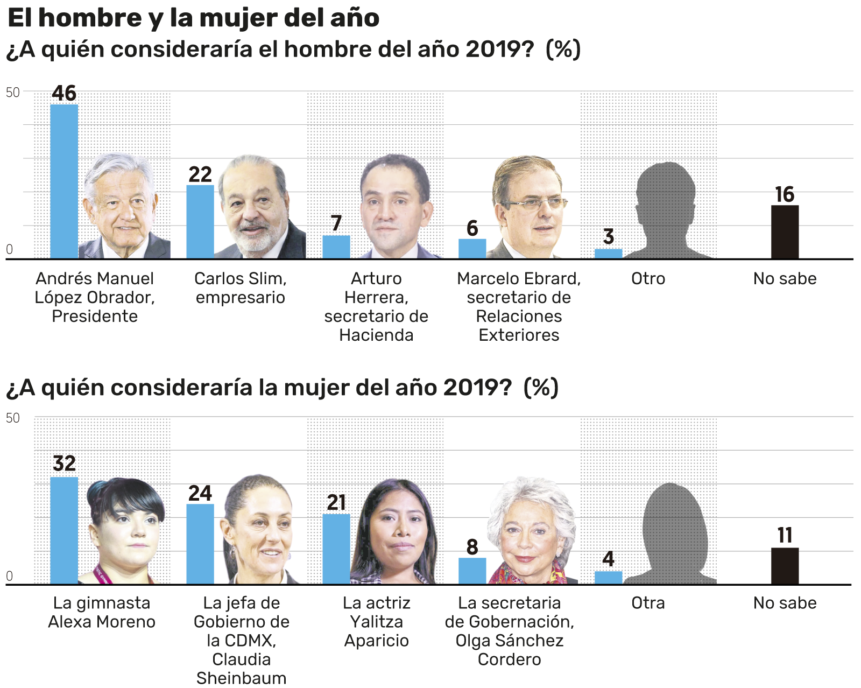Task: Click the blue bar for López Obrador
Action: [64, 181]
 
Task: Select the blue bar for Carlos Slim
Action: [200, 222]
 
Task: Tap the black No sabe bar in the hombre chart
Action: [785, 232]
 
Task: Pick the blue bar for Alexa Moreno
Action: [64, 530]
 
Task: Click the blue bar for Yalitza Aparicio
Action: [336, 549]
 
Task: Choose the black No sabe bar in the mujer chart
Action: [785, 566]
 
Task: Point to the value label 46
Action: [64, 94]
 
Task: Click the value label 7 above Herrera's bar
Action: [336, 223]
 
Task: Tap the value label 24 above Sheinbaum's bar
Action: [200, 494]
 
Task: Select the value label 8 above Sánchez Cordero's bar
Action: [472, 547]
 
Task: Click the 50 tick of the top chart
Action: [13, 93]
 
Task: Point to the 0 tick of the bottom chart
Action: [9, 576]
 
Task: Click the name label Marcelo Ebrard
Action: [519, 278]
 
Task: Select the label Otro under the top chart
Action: [648, 278]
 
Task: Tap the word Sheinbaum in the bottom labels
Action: [241, 678]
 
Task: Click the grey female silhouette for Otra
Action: [673, 533]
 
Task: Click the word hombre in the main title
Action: [89, 18]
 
